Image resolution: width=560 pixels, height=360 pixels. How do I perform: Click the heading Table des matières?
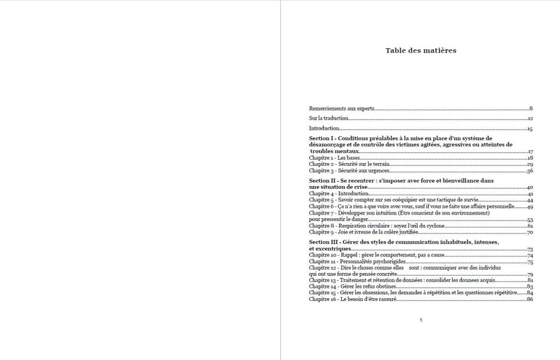[x=421, y=51]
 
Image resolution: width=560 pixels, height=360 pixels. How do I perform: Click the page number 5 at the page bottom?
[x=421, y=320]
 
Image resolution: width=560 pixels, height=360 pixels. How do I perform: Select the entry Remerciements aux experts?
[x=341, y=109]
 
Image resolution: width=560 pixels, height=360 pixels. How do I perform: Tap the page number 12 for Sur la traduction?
[x=530, y=119]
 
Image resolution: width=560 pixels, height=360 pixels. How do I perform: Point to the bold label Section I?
[x=321, y=138]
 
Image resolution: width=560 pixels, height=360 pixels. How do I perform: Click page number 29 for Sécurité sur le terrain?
[x=530, y=164]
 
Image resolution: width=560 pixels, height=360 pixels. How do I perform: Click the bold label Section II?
[x=322, y=181]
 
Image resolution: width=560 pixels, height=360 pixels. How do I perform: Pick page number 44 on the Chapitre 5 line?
[x=530, y=200]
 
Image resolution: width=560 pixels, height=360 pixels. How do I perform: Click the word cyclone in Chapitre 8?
[x=434, y=226]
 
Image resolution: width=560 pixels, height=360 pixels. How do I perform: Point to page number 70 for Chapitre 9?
[x=530, y=233]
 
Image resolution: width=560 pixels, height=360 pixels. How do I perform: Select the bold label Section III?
[x=323, y=242]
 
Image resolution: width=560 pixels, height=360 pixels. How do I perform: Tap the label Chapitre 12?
[x=323, y=268]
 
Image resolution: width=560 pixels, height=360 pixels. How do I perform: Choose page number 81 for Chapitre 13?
[x=530, y=280]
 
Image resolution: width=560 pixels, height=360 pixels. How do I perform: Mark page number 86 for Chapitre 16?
[x=530, y=299]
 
